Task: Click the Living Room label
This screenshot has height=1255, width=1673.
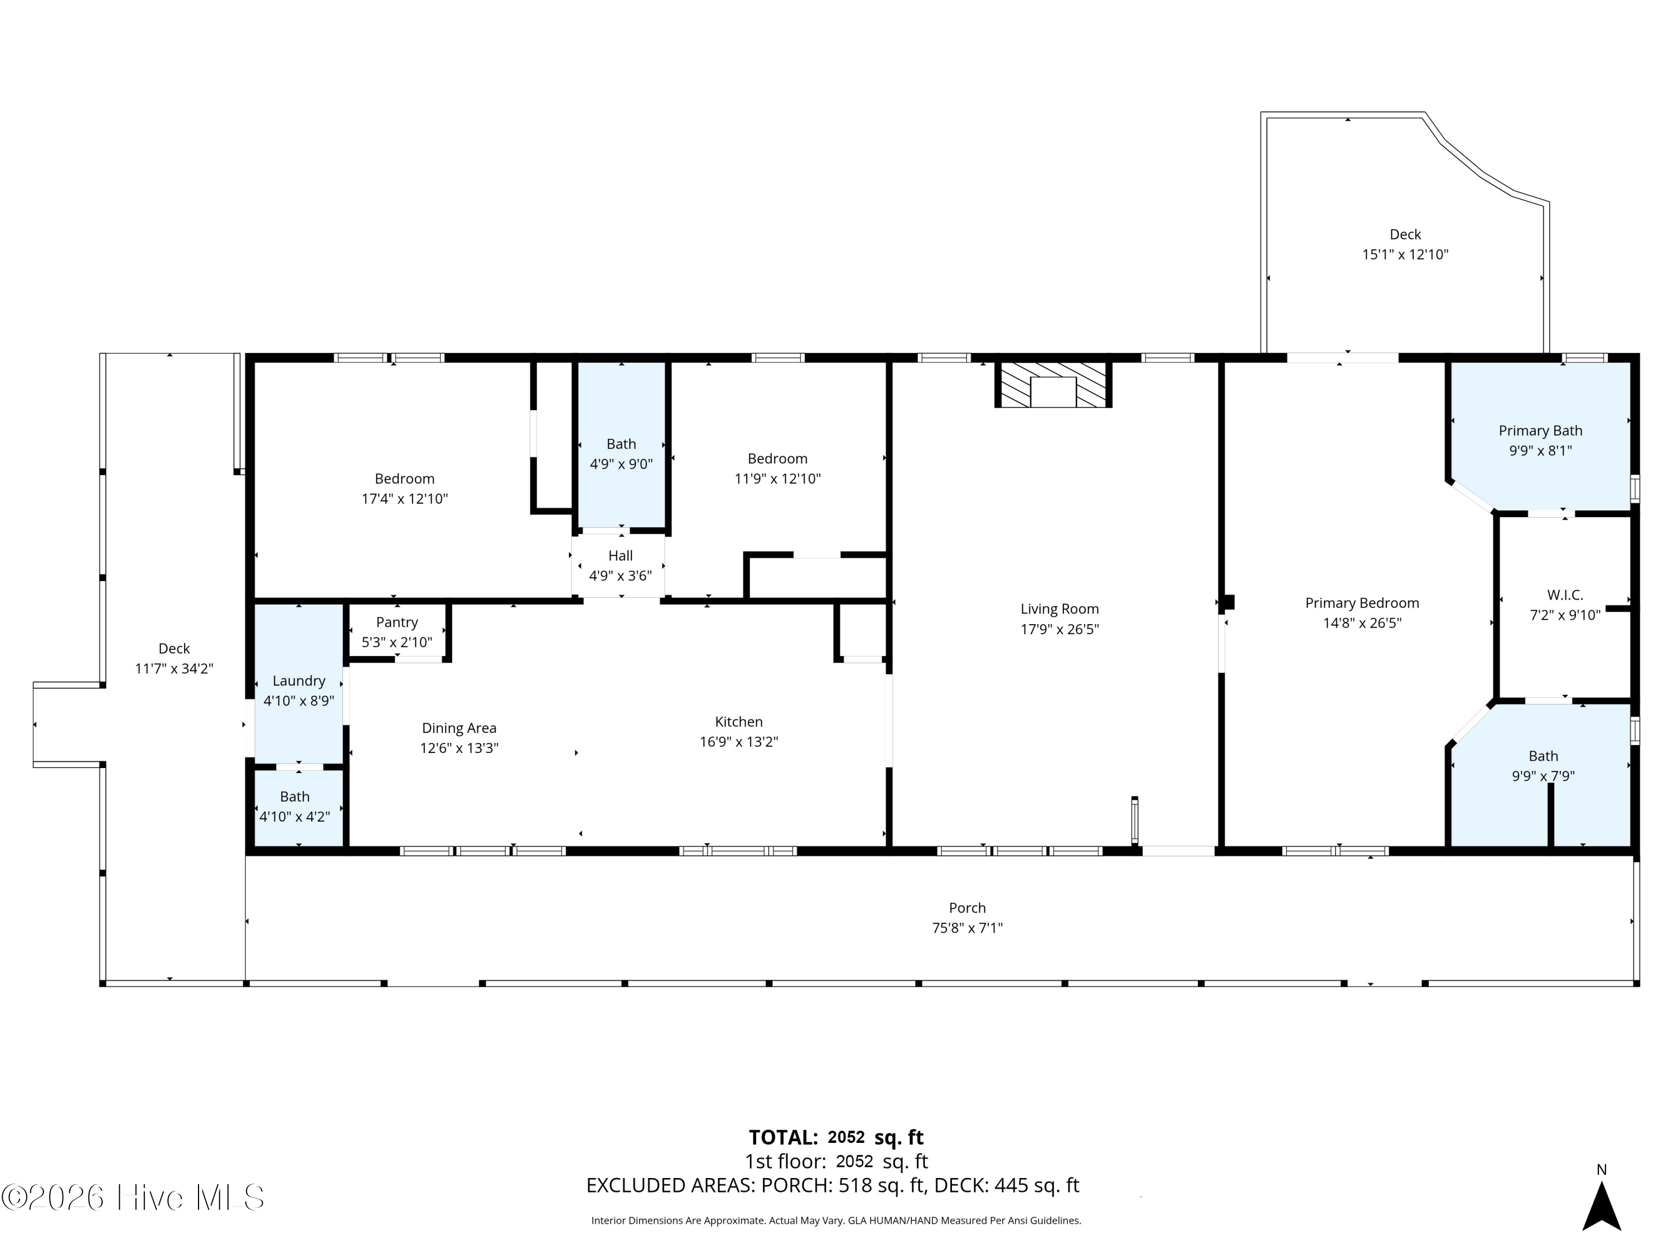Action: [x=1059, y=609]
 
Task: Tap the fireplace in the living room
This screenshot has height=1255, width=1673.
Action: [x=1053, y=385]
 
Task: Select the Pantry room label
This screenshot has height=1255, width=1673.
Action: [x=397, y=622]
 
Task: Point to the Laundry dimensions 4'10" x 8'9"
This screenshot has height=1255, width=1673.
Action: [x=299, y=701]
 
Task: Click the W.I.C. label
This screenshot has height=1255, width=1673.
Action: [x=1565, y=595]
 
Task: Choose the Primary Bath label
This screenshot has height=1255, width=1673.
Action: [x=1541, y=431]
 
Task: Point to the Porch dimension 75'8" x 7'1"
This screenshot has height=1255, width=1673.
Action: [x=968, y=928]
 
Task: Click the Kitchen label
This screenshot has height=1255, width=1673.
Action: [x=739, y=722]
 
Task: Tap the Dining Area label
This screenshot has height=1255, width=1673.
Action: [x=459, y=728]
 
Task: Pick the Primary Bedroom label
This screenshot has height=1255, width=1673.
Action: [x=1362, y=603]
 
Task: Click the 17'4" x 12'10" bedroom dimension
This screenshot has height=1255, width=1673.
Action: [x=405, y=499]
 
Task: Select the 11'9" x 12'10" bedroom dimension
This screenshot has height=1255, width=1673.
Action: [x=777, y=479]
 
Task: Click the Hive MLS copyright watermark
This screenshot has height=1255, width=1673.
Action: [x=133, y=1197]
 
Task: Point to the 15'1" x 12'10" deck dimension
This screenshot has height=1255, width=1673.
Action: [x=1405, y=254]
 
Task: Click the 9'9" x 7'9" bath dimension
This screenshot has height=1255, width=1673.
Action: [x=1543, y=775]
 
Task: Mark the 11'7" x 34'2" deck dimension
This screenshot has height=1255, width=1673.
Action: [x=174, y=669]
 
